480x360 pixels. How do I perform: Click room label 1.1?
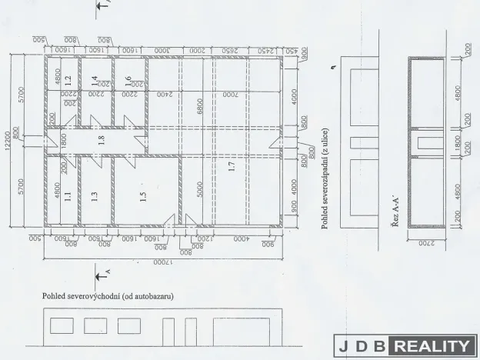click(x=68, y=196)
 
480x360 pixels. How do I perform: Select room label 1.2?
click(x=68, y=78)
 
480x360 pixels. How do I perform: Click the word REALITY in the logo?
click(x=432, y=347)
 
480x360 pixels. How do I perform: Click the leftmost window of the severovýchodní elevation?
click(x=62, y=325)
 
